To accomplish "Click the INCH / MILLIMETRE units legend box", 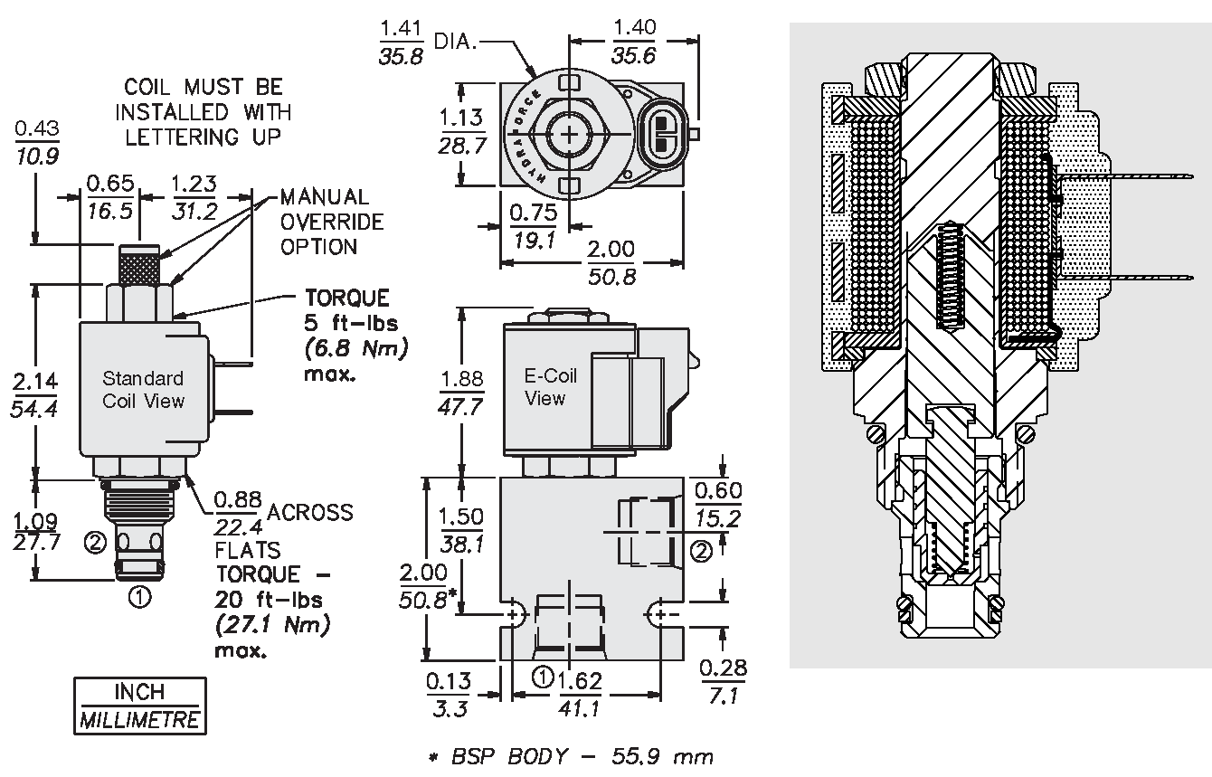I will coord(139,706).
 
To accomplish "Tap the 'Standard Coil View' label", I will coord(143,390).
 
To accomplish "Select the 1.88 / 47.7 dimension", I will coord(460,391).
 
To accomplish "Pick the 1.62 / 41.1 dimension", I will coord(580,694).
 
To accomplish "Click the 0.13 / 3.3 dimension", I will coord(450,694).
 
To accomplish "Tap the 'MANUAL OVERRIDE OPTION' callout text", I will coord(331,222).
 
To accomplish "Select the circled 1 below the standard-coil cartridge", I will coord(139,597).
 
